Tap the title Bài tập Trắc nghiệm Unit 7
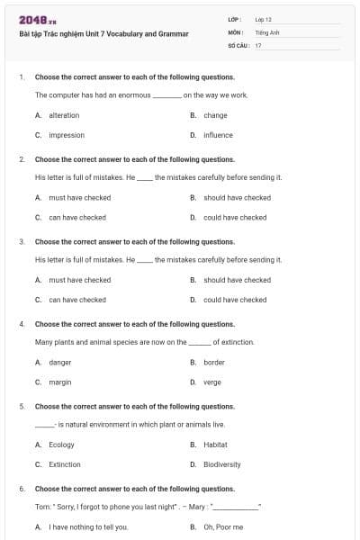103,34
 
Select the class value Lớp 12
264,19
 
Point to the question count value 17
258,44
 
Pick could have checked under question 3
235,300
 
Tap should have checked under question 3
237,280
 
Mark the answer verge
212,382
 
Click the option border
214,362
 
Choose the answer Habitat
215,445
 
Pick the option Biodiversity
222,464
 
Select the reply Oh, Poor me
223,526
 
